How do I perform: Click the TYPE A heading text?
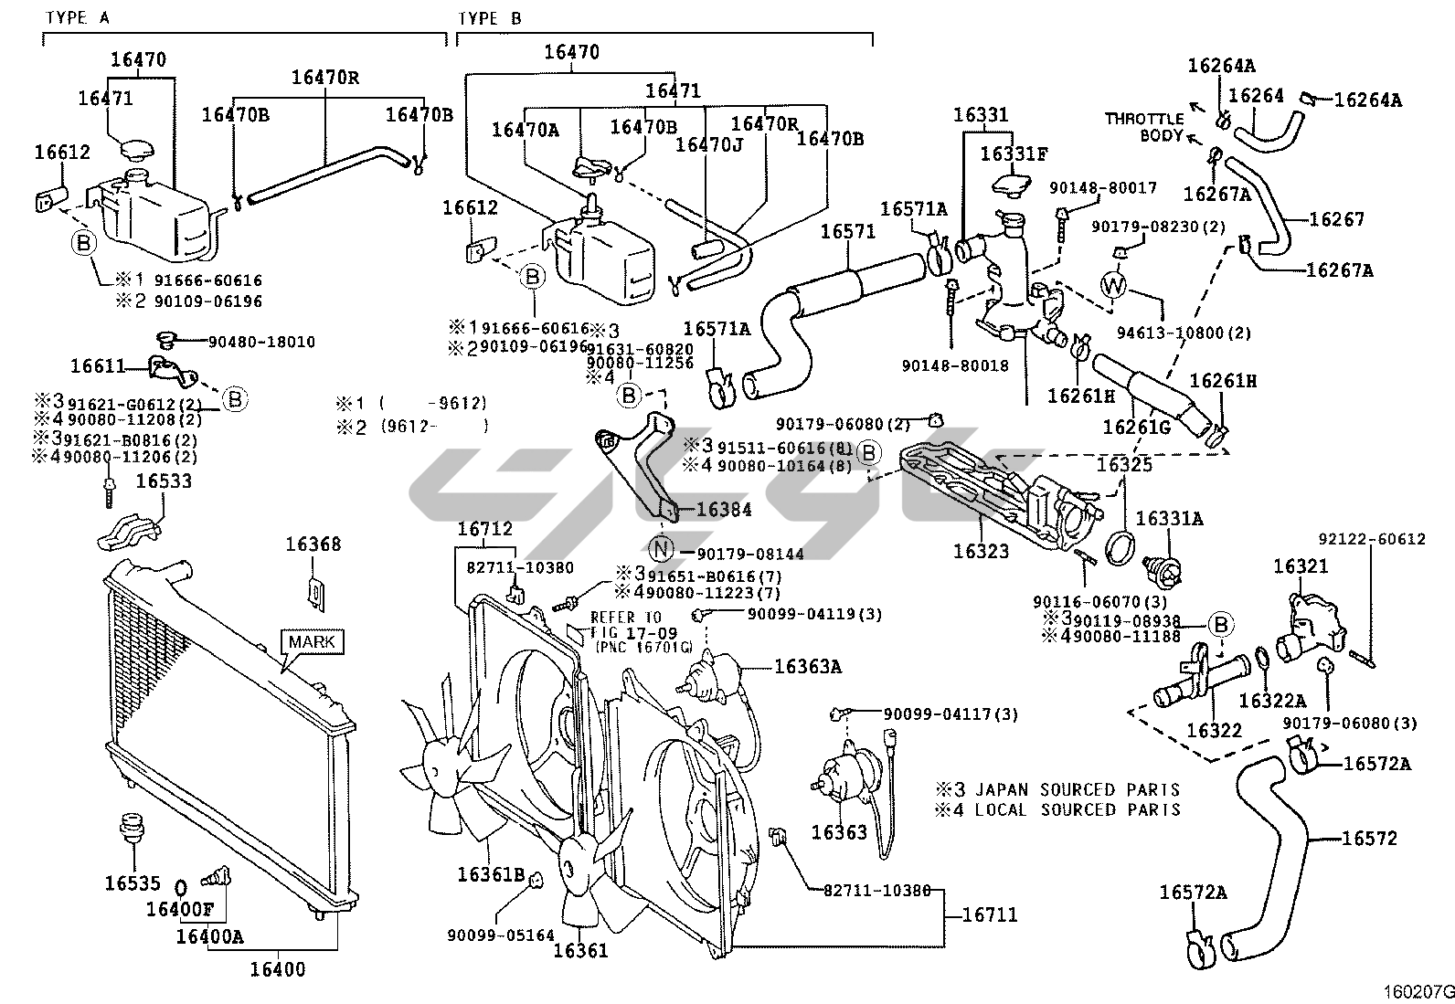[x=78, y=17]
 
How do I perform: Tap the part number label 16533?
[x=164, y=481]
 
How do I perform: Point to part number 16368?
[x=313, y=544]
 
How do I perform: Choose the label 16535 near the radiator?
[x=132, y=883]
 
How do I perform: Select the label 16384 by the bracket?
[x=724, y=510]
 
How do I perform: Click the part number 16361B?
[x=491, y=875]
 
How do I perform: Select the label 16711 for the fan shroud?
[x=989, y=914]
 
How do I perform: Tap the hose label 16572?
[x=1369, y=838]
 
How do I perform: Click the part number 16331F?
[x=1014, y=154]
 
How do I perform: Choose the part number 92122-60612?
[x=1371, y=539]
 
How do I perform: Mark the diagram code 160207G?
[x=1418, y=990]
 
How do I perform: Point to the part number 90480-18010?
[x=261, y=342]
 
